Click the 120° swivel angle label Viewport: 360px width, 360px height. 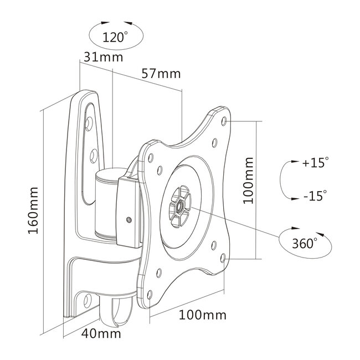click(x=115, y=37)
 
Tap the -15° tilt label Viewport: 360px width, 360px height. click(x=314, y=195)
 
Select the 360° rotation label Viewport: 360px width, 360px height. click(x=305, y=242)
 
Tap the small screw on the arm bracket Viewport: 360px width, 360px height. click(x=129, y=220)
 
